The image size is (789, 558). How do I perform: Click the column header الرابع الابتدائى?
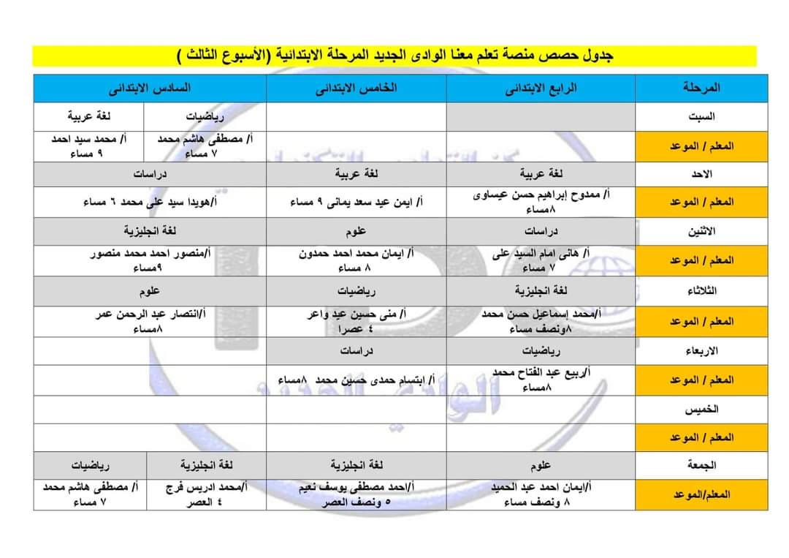coord(541,88)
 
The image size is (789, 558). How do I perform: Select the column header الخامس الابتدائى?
coord(356,88)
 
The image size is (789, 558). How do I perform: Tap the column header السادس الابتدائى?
coord(150,88)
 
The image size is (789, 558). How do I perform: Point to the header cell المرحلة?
coord(701,88)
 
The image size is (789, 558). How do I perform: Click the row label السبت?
coord(701,117)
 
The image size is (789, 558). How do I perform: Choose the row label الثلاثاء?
coord(701,290)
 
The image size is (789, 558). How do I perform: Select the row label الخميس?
coord(701,409)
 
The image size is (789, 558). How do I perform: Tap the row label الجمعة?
coord(701,464)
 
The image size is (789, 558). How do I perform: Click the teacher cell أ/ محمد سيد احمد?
coord(89,146)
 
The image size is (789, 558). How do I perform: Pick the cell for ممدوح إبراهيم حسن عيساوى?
coord(541,201)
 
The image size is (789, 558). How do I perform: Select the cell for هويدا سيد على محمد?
coord(150,202)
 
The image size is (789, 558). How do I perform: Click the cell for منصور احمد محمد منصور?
coord(150,260)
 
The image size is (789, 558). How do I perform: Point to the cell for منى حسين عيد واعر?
coord(356,321)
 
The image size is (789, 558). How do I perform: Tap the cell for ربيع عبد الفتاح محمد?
coord(541,380)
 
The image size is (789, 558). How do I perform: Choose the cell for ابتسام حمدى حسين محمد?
coord(356,380)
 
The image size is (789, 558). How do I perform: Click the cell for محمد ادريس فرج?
coord(206,493)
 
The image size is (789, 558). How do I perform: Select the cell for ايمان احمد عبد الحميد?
coord(541,493)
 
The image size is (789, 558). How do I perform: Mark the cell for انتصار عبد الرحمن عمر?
coord(150,321)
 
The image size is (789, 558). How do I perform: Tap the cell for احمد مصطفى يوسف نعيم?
coord(356,493)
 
